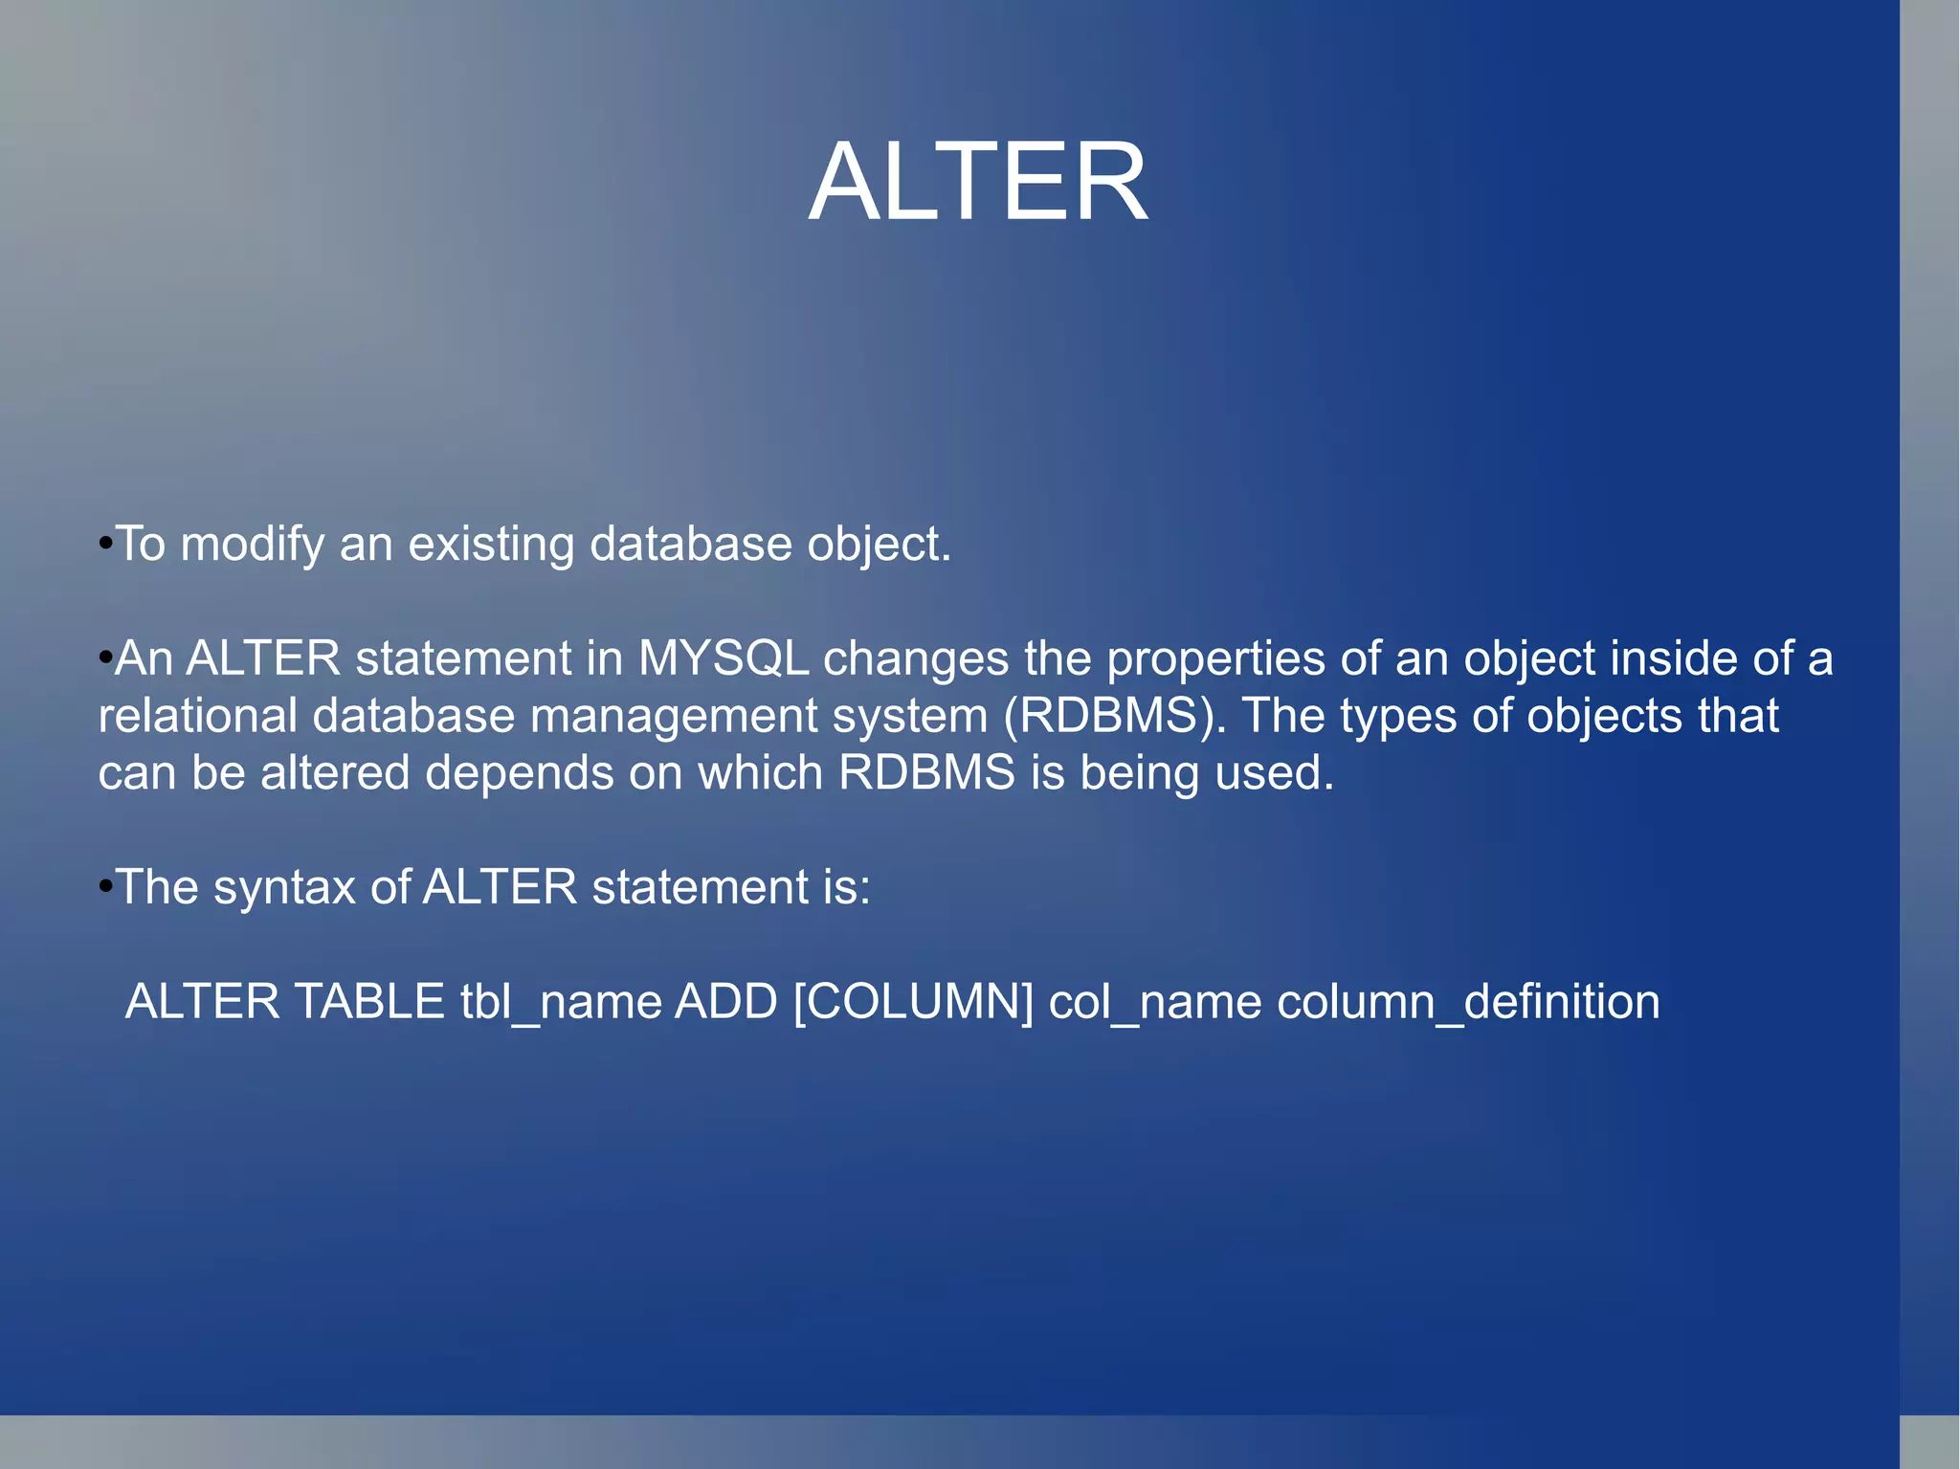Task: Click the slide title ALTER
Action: tap(978, 182)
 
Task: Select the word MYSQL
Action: tap(724, 658)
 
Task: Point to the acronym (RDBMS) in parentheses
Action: tap(1115, 716)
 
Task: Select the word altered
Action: tap(335, 772)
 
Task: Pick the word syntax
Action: tap(283, 888)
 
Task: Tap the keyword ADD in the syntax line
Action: tap(726, 1002)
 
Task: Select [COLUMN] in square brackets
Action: tap(913, 1002)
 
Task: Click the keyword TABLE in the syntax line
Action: tap(369, 1002)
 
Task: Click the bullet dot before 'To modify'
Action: tap(105, 545)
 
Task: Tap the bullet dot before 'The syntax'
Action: tap(105, 887)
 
